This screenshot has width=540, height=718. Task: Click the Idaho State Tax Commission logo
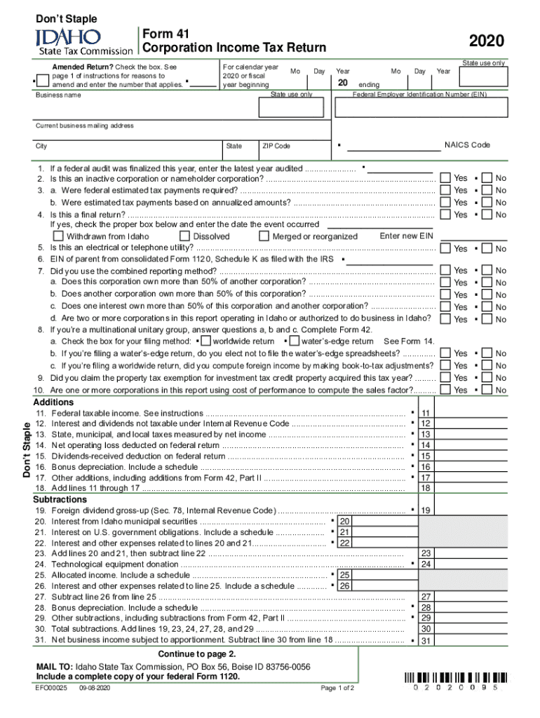pos(85,41)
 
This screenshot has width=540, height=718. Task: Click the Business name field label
pos(58,95)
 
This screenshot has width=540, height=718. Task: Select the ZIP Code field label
pos(276,146)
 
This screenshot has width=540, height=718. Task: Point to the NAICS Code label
pos(467,145)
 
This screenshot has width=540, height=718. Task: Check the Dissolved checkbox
pos(185,236)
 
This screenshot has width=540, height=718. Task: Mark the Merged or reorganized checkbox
pos(264,236)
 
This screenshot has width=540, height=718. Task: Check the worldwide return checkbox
pos(205,341)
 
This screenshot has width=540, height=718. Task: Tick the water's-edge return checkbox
pos(293,341)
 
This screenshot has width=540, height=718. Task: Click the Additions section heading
pos(53,402)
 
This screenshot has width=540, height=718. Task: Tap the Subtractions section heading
pos(60,499)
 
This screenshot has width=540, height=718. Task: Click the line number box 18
pos(425,488)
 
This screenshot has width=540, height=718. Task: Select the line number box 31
pos(425,640)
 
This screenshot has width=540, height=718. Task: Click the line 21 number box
pos(344,532)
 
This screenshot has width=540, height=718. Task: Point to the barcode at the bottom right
pos(455,679)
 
